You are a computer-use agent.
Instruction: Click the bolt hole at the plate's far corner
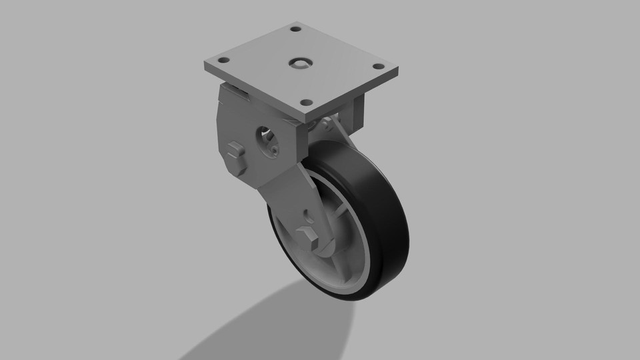pyautogui.click(x=295, y=29)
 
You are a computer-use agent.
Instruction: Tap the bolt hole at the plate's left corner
pyautogui.click(x=224, y=60)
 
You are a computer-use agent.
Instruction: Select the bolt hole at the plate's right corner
pyautogui.click(x=378, y=67)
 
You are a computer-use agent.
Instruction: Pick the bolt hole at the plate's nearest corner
pyautogui.click(x=306, y=103)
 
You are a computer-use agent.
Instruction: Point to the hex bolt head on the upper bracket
pyautogui.click(x=235, y=151)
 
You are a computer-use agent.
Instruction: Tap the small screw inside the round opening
pyautogui.click(x=274, y=150)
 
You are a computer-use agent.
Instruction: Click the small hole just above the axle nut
pyautogui.click(x=307, y=215)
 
